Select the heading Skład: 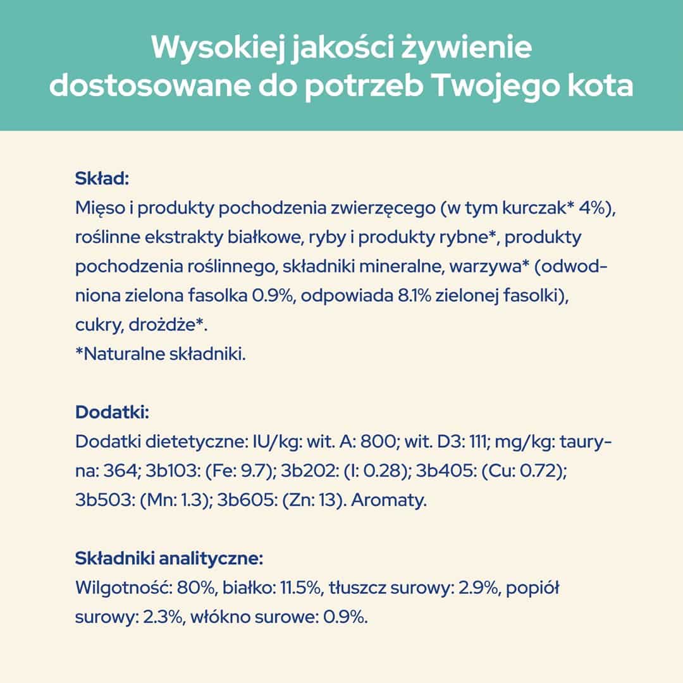(102, 178)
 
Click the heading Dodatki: (112, 413)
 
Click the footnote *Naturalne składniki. (160, 355)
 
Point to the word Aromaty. (389, 501)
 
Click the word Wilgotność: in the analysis (120, 588)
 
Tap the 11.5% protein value (300, 588)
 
